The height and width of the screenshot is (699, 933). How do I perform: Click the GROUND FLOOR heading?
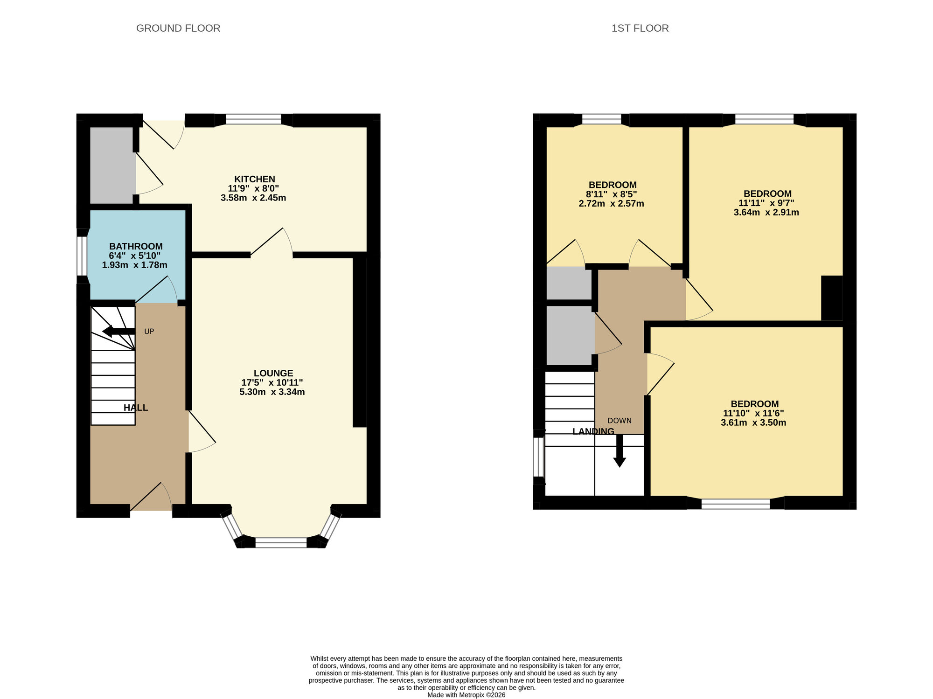178,28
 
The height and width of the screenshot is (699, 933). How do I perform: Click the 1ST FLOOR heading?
640,28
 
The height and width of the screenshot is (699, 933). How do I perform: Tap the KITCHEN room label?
254,179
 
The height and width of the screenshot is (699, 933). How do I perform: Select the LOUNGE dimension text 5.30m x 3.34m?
272,392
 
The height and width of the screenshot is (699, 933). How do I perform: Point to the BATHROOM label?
136,246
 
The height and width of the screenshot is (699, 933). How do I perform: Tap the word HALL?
136,408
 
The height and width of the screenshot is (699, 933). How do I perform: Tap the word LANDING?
593,431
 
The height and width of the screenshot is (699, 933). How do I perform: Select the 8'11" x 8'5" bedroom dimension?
611,194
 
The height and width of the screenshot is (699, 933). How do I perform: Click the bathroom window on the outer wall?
82,256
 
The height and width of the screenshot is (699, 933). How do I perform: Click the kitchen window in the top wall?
254,120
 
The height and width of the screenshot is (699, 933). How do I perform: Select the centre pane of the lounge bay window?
281,542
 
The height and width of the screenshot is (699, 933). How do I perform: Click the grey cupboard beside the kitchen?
111,165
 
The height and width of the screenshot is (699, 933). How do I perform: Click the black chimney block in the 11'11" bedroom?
831,298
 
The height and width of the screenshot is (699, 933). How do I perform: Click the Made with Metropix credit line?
466,695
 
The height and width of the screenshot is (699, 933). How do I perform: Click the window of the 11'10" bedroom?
735,503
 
